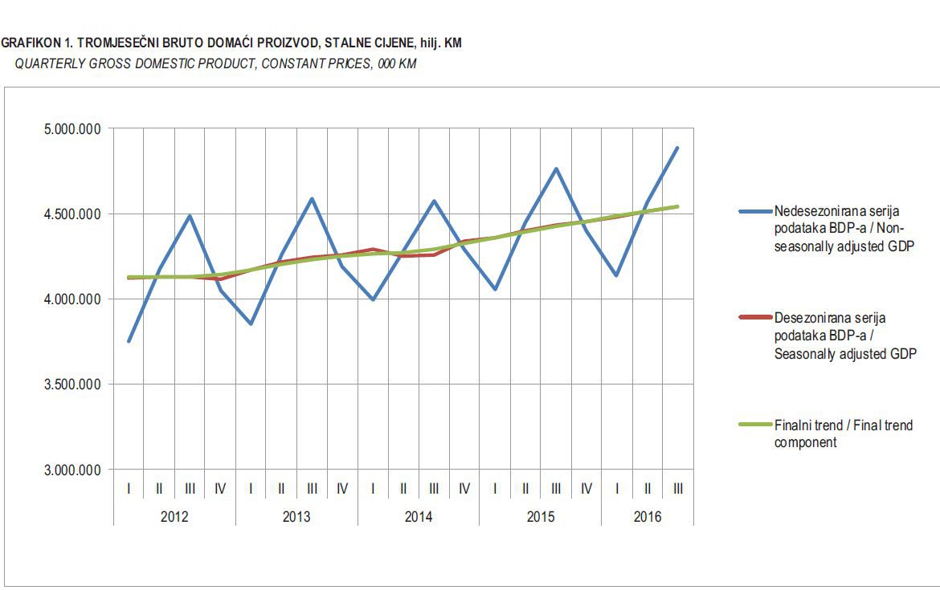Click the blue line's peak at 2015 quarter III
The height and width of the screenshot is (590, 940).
(556, 169)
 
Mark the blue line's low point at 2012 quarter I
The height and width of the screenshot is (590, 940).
(129, 342)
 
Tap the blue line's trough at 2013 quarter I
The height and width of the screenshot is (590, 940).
(251, 324)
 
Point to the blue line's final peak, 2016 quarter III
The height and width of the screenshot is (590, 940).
(678, 148)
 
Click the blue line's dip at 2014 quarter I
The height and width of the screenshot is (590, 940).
(373, 299)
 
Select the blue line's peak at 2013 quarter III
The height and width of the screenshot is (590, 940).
(312, 198)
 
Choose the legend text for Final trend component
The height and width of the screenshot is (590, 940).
(843, 433)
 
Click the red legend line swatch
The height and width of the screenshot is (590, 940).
(754, 318)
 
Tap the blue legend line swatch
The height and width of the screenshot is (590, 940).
(754, 212)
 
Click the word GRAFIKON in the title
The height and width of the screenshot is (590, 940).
(31, 43)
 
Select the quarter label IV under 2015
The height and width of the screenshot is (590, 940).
(586, 488)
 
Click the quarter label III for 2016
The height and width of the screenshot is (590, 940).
(678, 488)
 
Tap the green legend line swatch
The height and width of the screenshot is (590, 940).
(754, 425)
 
